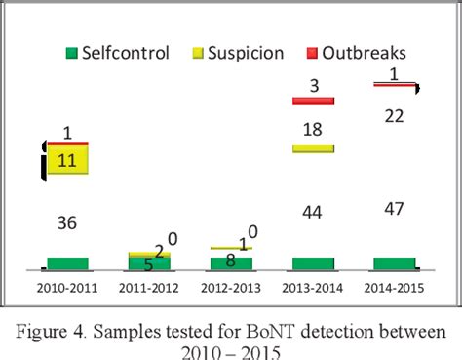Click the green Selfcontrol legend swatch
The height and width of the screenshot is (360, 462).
70,52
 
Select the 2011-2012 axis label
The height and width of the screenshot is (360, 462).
149,288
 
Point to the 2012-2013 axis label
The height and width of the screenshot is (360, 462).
231,288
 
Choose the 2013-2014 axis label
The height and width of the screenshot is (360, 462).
313,288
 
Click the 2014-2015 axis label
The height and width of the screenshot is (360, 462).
395,288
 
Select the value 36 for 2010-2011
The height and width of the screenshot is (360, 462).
67,222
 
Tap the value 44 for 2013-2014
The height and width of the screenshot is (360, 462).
313,213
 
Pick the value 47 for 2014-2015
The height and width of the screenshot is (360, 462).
395,210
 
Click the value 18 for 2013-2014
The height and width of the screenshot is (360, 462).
313,130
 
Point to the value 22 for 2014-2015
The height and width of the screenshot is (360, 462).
395,116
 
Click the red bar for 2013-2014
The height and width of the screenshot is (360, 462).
313,100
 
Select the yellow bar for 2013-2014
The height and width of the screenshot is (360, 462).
313,148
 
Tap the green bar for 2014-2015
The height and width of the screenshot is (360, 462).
395,263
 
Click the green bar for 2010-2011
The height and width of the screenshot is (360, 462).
67,263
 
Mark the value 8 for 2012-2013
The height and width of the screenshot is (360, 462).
231,260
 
